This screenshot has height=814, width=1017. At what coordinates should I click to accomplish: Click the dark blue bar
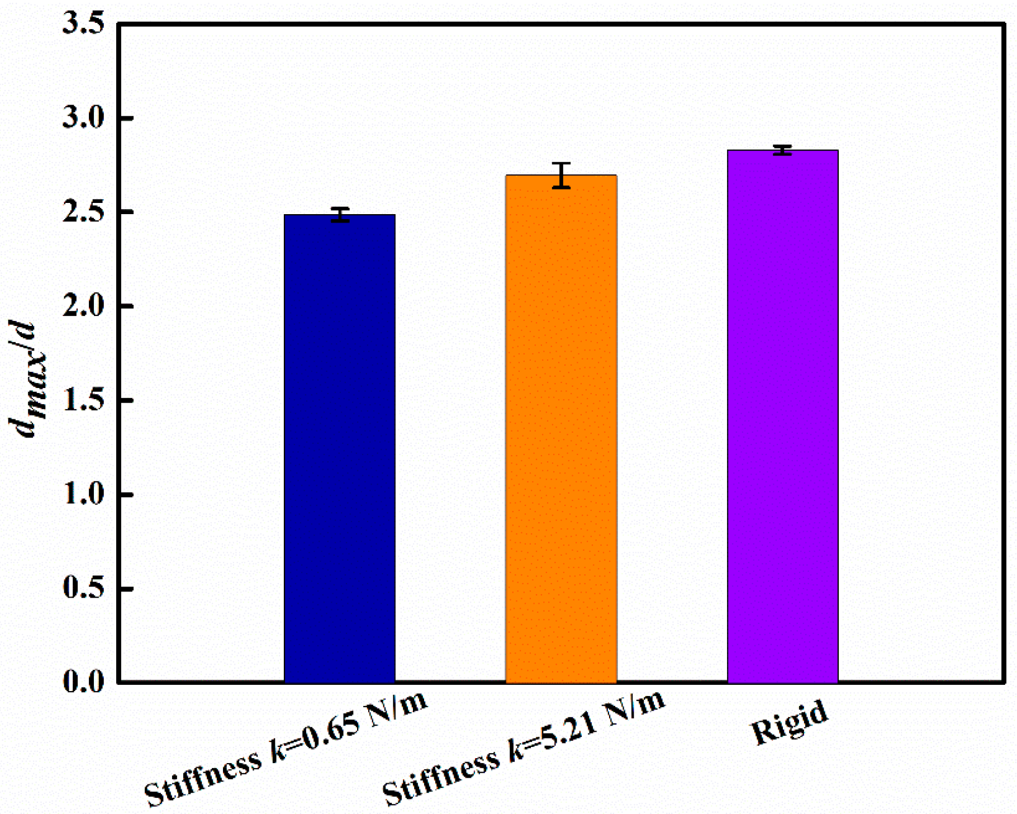tap(340, 447)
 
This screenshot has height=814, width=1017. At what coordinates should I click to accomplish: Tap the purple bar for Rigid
tap(782, 416)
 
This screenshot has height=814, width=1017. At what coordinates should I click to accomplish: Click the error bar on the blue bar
tap(340, 215)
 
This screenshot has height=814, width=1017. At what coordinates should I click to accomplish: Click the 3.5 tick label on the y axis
tap(84, 25)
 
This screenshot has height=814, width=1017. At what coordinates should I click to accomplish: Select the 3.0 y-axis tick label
tap(84, 119)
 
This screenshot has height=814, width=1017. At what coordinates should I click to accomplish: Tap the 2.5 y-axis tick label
tap(84, 212)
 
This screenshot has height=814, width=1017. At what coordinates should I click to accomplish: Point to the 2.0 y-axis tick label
tap(84, 307)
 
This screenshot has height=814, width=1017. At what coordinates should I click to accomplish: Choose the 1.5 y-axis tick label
tap(84, 401)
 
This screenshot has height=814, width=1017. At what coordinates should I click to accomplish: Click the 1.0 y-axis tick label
tap(84, 495)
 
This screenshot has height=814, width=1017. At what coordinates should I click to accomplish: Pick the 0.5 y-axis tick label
tap(84, 589)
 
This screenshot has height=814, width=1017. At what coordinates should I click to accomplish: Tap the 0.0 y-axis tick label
tap(84, 682)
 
